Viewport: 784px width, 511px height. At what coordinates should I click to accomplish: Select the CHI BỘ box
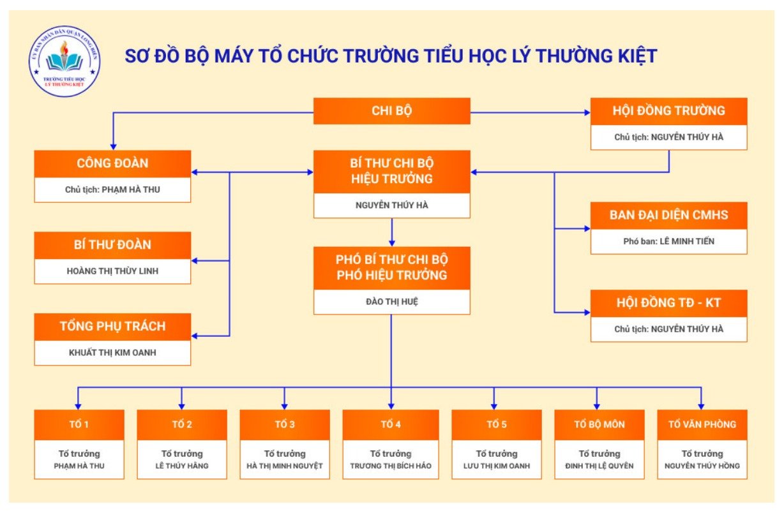point(391,111)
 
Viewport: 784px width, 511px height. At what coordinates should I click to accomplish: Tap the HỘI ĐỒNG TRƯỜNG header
point(668,111)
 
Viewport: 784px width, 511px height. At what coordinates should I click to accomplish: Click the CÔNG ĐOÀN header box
point(112,163)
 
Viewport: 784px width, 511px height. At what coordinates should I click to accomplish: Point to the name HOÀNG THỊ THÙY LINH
point(112,271)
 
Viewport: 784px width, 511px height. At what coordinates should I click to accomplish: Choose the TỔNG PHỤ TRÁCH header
point(112,327)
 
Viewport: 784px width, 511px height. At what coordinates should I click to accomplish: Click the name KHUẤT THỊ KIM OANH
point(112,353)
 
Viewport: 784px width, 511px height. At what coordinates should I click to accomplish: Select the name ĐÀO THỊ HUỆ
point(391,302)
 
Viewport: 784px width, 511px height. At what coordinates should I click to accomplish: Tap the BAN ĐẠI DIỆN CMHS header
point(668,216)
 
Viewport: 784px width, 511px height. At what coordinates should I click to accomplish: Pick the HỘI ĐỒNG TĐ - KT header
point(668,303)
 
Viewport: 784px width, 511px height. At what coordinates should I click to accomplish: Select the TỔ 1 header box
point(79,425)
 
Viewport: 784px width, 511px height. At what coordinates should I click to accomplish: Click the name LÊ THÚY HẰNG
point(182,466)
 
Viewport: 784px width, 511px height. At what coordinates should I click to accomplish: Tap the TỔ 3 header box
point(285,425)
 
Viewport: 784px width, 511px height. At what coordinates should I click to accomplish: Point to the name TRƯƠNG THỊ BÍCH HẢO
point(391,466)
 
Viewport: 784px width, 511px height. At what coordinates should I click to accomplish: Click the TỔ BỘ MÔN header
point(599,425)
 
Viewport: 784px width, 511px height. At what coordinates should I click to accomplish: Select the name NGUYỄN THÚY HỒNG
point(702,466)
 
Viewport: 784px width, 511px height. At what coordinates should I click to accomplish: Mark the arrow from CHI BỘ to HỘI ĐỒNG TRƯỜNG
point(530,112)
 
